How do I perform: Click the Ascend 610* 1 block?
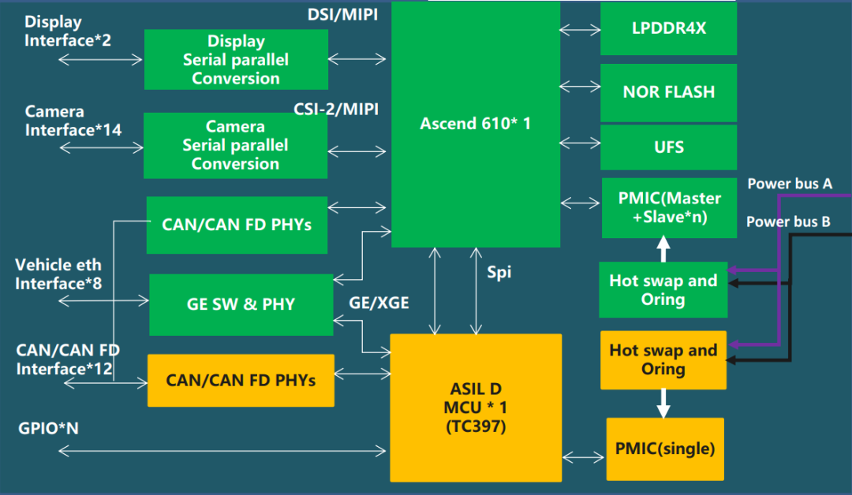476,124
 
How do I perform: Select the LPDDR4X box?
668,28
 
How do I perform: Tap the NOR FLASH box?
668,92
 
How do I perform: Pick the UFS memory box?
668,147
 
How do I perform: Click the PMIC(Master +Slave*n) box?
668,207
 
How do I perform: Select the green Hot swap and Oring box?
663,290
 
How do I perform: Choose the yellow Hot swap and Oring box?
663,359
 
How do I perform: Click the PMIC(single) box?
664,448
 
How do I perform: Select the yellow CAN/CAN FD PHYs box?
241,380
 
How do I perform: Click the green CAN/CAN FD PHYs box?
237,225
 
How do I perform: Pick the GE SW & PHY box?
241,304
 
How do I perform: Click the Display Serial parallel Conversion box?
236,60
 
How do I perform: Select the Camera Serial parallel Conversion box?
235,145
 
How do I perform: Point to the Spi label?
499,272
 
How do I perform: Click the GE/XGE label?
379,302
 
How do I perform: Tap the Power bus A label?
789,184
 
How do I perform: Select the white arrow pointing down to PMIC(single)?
663,403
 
